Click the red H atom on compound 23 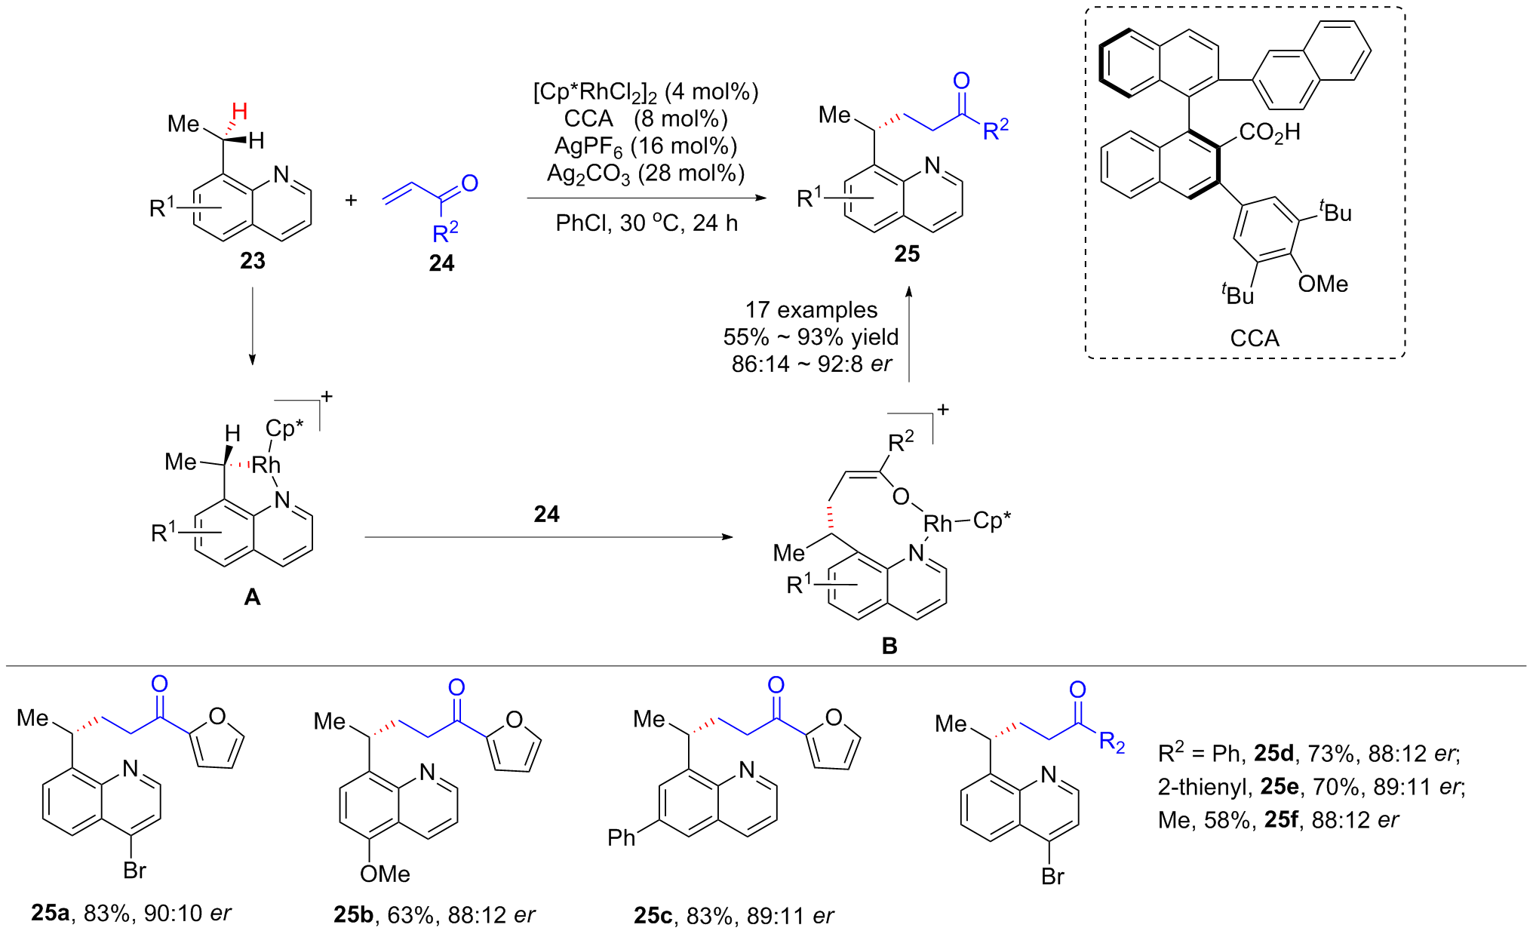pos(239,112)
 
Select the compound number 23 pos(252,261)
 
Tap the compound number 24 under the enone pos(441,263)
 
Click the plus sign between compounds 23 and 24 pos(351,201)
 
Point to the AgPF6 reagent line pos(646,146)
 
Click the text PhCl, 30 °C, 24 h pos(647,223)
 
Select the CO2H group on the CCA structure pos(1269,133)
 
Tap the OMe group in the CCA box pos(1323,284)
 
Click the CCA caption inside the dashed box pos(1254,338)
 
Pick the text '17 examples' pos(811,310)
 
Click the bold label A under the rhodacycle pos(252,598)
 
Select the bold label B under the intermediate pos(889,646)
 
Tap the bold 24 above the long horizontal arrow pos(546,515)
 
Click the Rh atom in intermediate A pos(266,465)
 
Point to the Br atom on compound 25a pos(134,871)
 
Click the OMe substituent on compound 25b pos(385,874)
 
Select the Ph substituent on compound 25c pos(622,838)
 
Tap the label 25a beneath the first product pos(51,914)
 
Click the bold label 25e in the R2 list pos(1280,787)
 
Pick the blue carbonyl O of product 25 pos(961,81)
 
